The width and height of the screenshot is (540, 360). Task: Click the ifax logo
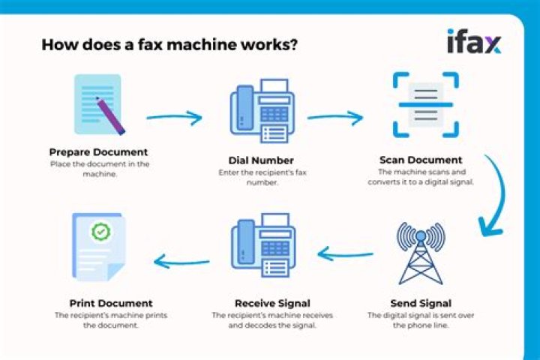[474, 42]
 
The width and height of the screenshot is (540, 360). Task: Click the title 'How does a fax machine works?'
[169, 44]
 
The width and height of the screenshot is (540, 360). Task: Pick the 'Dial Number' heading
[261, 160]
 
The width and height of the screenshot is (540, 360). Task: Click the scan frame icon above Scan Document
[425, 106]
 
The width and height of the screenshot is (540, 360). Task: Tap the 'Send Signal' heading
[419, 303]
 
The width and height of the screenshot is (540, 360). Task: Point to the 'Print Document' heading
[111, 303]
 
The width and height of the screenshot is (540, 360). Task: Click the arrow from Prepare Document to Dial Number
[174, 118]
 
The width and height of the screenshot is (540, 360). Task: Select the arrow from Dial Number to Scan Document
[334, 118]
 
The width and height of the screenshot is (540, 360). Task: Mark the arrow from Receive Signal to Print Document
[181, 260]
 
